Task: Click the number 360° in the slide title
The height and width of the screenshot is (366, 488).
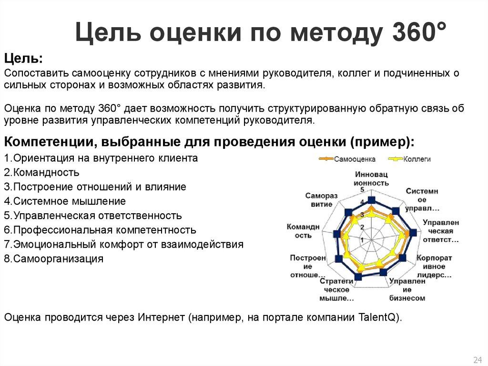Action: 419,35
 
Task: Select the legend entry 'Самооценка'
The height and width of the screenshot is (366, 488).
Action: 354,159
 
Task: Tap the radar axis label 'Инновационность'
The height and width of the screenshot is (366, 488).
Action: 371,178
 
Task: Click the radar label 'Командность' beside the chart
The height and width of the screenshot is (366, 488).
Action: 299,231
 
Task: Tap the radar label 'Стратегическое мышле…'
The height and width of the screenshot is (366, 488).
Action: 336,290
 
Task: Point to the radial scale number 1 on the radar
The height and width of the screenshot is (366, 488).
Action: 363,239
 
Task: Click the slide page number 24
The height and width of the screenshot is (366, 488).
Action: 477,359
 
